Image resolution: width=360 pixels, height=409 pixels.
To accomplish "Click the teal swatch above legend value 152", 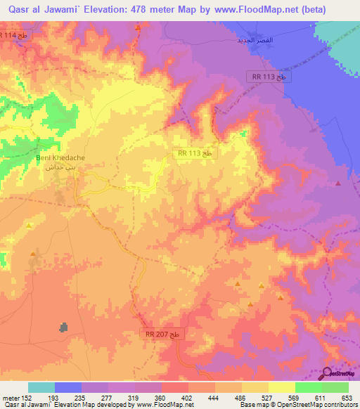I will pos(41,387).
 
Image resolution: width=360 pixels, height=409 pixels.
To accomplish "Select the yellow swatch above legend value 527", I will pos(255,387).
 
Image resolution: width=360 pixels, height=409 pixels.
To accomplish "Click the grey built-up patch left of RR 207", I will pos(65,327).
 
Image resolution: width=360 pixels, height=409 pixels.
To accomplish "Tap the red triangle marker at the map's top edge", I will pos(138,26).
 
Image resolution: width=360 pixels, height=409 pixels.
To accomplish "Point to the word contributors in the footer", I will pos(341,405).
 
